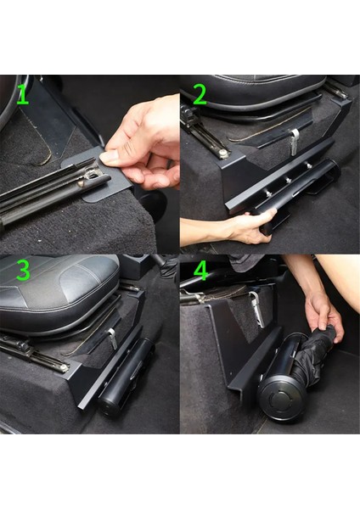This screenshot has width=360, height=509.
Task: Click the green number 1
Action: coord(23,94)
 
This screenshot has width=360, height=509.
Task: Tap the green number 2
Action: coord(200,94)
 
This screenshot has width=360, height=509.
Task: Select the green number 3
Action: coord(23,271)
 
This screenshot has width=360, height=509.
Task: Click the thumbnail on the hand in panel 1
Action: coord(110,157)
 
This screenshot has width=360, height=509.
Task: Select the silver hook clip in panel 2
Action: coord(292,141)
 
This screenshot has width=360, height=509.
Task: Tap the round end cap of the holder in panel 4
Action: coord(280,406)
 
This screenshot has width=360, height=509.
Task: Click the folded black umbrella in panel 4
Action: coord(318,356)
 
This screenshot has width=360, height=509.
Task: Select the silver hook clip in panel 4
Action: coord(254,301)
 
